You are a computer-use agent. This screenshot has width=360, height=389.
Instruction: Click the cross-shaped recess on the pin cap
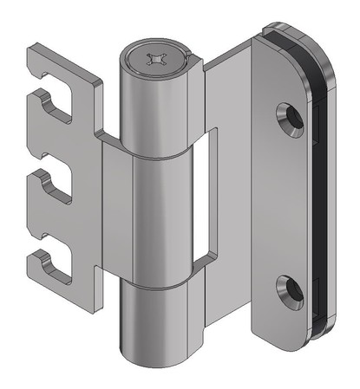click(157, 60)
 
